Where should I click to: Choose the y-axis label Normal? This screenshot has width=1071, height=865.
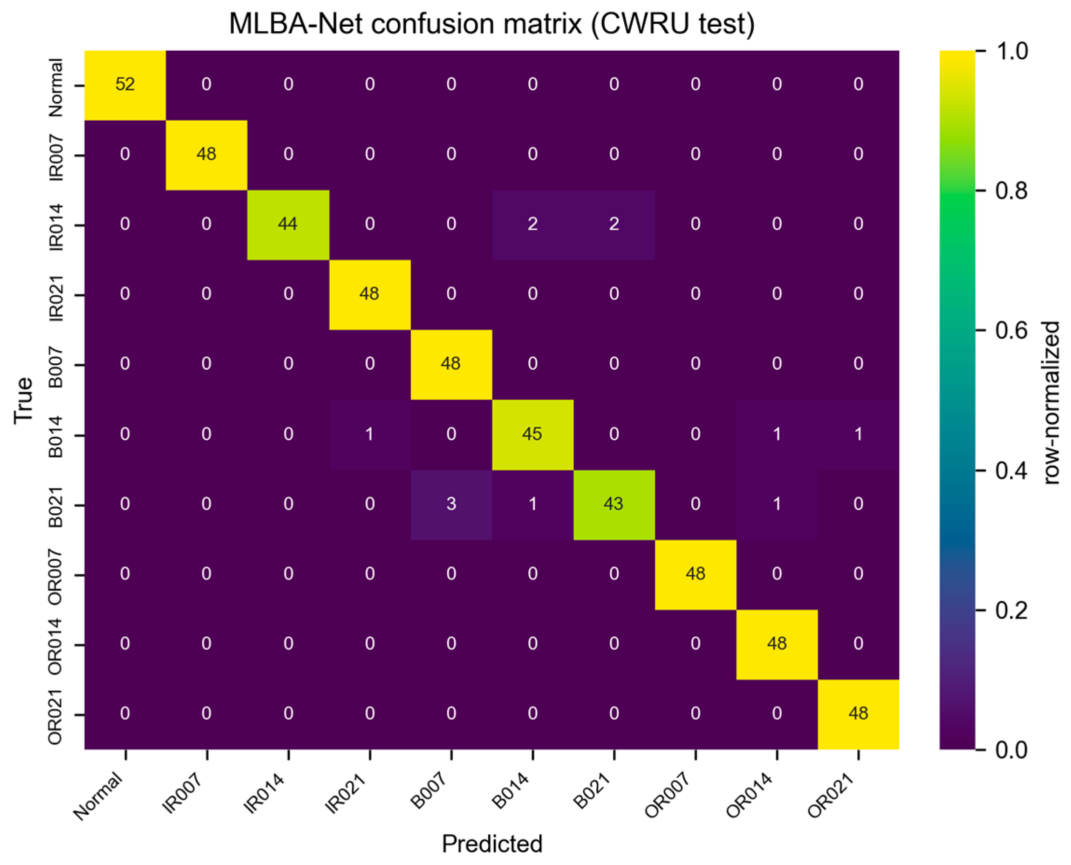[x=55, y=88]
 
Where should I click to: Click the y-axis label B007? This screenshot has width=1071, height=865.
[x=55, y=367]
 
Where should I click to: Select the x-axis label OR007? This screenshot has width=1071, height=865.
[x=668, y=795]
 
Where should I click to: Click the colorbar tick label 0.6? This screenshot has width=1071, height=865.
[x=1011, y=330]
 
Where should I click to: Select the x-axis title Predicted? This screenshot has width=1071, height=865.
[x=492, y=844]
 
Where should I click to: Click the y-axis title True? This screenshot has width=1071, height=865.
[x=23, y=400]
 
